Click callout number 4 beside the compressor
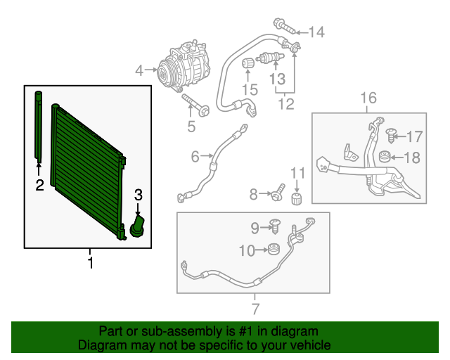click(139, 70)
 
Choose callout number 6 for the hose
click(195, 156)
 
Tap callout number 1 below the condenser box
click(90, 263)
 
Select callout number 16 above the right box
click(368, 98)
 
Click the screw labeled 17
click(392, 132)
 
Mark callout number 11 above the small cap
click(297, 173)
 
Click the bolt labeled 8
click(279, 192)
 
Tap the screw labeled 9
click(276, 226)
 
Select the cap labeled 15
click(248, 65)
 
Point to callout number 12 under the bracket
click(284, 105)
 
